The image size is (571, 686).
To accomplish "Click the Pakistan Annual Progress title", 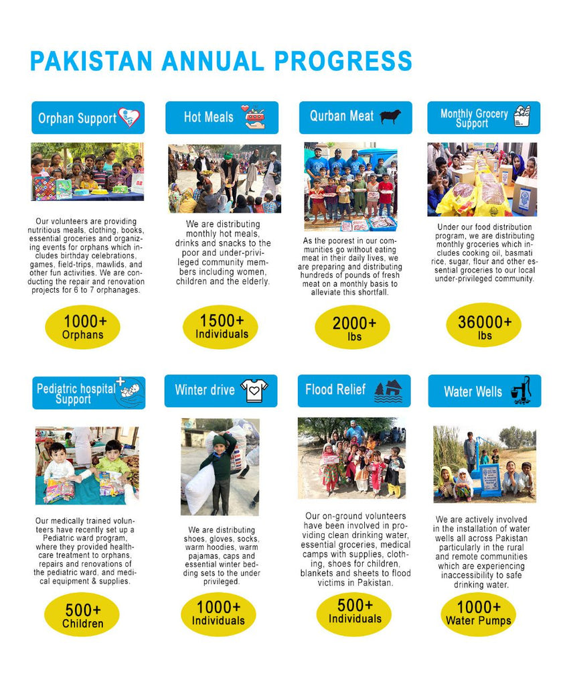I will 221,61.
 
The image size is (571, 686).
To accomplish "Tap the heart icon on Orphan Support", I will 129,117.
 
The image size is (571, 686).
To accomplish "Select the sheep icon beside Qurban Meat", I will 390,117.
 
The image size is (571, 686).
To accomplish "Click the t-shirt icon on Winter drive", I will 254,391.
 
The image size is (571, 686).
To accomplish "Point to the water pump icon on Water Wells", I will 521,390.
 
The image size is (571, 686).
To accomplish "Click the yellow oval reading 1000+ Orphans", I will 82,327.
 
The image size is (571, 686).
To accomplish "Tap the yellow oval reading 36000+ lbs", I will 484,326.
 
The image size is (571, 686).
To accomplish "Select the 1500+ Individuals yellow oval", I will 220,326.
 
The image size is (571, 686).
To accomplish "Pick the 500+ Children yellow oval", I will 82,615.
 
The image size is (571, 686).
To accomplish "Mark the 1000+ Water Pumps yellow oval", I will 478,613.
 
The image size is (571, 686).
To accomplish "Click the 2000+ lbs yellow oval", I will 352,327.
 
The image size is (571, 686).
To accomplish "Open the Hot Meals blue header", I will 222,117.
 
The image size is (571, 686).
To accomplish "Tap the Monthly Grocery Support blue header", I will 483,117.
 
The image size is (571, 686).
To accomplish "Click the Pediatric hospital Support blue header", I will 88,392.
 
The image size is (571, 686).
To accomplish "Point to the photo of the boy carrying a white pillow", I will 220,466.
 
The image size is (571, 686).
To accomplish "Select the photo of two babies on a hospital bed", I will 87,466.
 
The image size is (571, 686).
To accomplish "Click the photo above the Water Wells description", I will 484,464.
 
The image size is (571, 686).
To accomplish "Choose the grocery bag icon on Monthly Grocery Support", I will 522,117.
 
